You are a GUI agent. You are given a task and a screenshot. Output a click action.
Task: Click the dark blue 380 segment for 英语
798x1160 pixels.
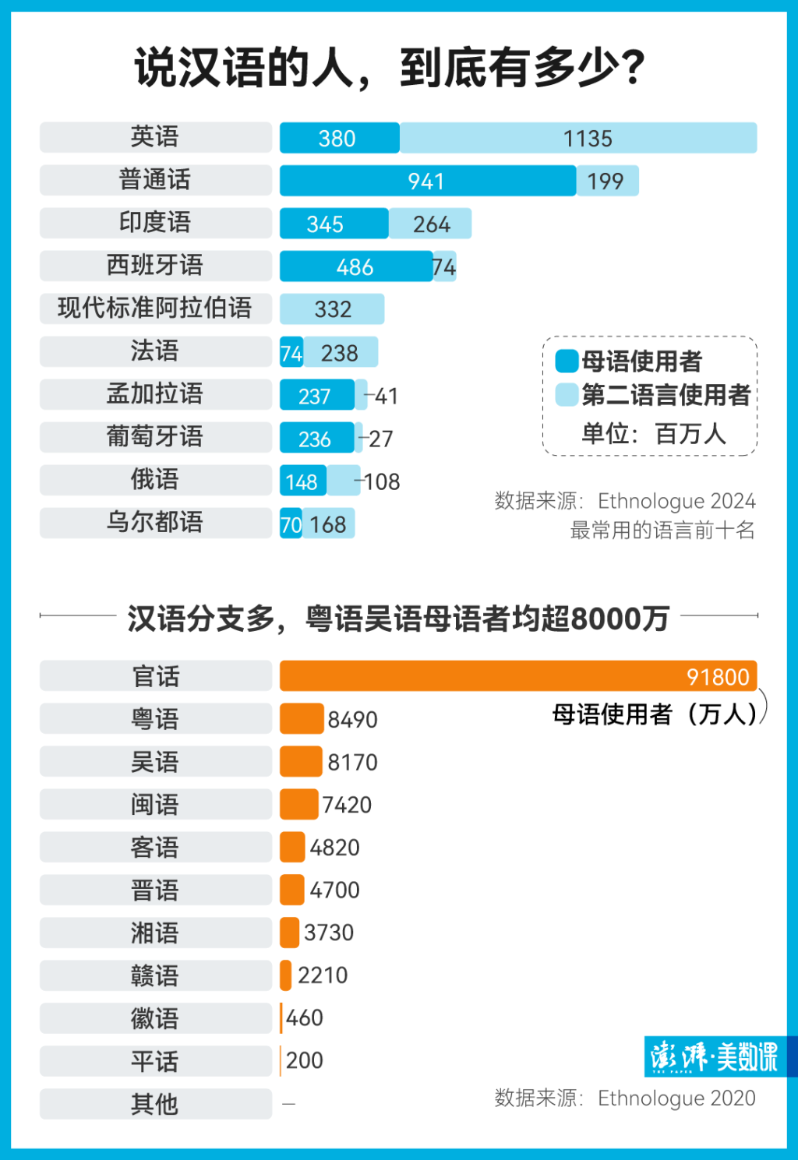click(339, 138)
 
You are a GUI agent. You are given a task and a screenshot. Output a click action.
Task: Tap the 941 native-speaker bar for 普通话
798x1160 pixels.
click(427, 181)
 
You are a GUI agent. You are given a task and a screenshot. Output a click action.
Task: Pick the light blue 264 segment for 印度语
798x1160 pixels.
click(430, 224)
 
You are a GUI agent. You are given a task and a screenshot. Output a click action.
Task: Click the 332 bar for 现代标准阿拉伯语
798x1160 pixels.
click(332, 309)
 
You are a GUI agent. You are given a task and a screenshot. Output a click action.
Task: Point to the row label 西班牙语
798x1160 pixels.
click(155, 266)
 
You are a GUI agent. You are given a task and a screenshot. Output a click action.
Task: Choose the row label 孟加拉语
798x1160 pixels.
click(155, 394)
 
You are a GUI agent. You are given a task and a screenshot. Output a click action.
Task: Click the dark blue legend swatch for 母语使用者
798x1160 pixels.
click(567, 361)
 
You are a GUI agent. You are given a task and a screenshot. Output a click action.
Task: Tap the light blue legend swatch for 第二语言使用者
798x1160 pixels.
click(567, 395)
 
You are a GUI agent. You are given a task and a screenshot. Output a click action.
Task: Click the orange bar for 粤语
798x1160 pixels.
click(302, 718)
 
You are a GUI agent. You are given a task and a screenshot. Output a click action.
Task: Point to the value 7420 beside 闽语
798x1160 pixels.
click(347, 805)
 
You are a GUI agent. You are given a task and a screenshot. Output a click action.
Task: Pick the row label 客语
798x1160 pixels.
click(155, 848)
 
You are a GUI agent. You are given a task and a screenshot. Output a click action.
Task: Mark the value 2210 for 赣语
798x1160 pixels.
click(323, 975)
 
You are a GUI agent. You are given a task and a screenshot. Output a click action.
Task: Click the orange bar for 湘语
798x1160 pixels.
click(289, 933)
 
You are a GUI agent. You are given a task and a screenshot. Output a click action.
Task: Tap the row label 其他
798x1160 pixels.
click(155, 1104)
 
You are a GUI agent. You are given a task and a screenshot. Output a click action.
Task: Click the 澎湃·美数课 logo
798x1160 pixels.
click(714, 1057)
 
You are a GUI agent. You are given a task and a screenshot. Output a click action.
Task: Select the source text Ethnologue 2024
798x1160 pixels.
click(676, 501)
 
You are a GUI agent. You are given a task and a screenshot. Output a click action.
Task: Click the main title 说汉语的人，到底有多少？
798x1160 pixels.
click(390, 69)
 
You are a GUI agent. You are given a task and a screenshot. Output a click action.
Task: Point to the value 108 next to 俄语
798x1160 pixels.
click(382, 482)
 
